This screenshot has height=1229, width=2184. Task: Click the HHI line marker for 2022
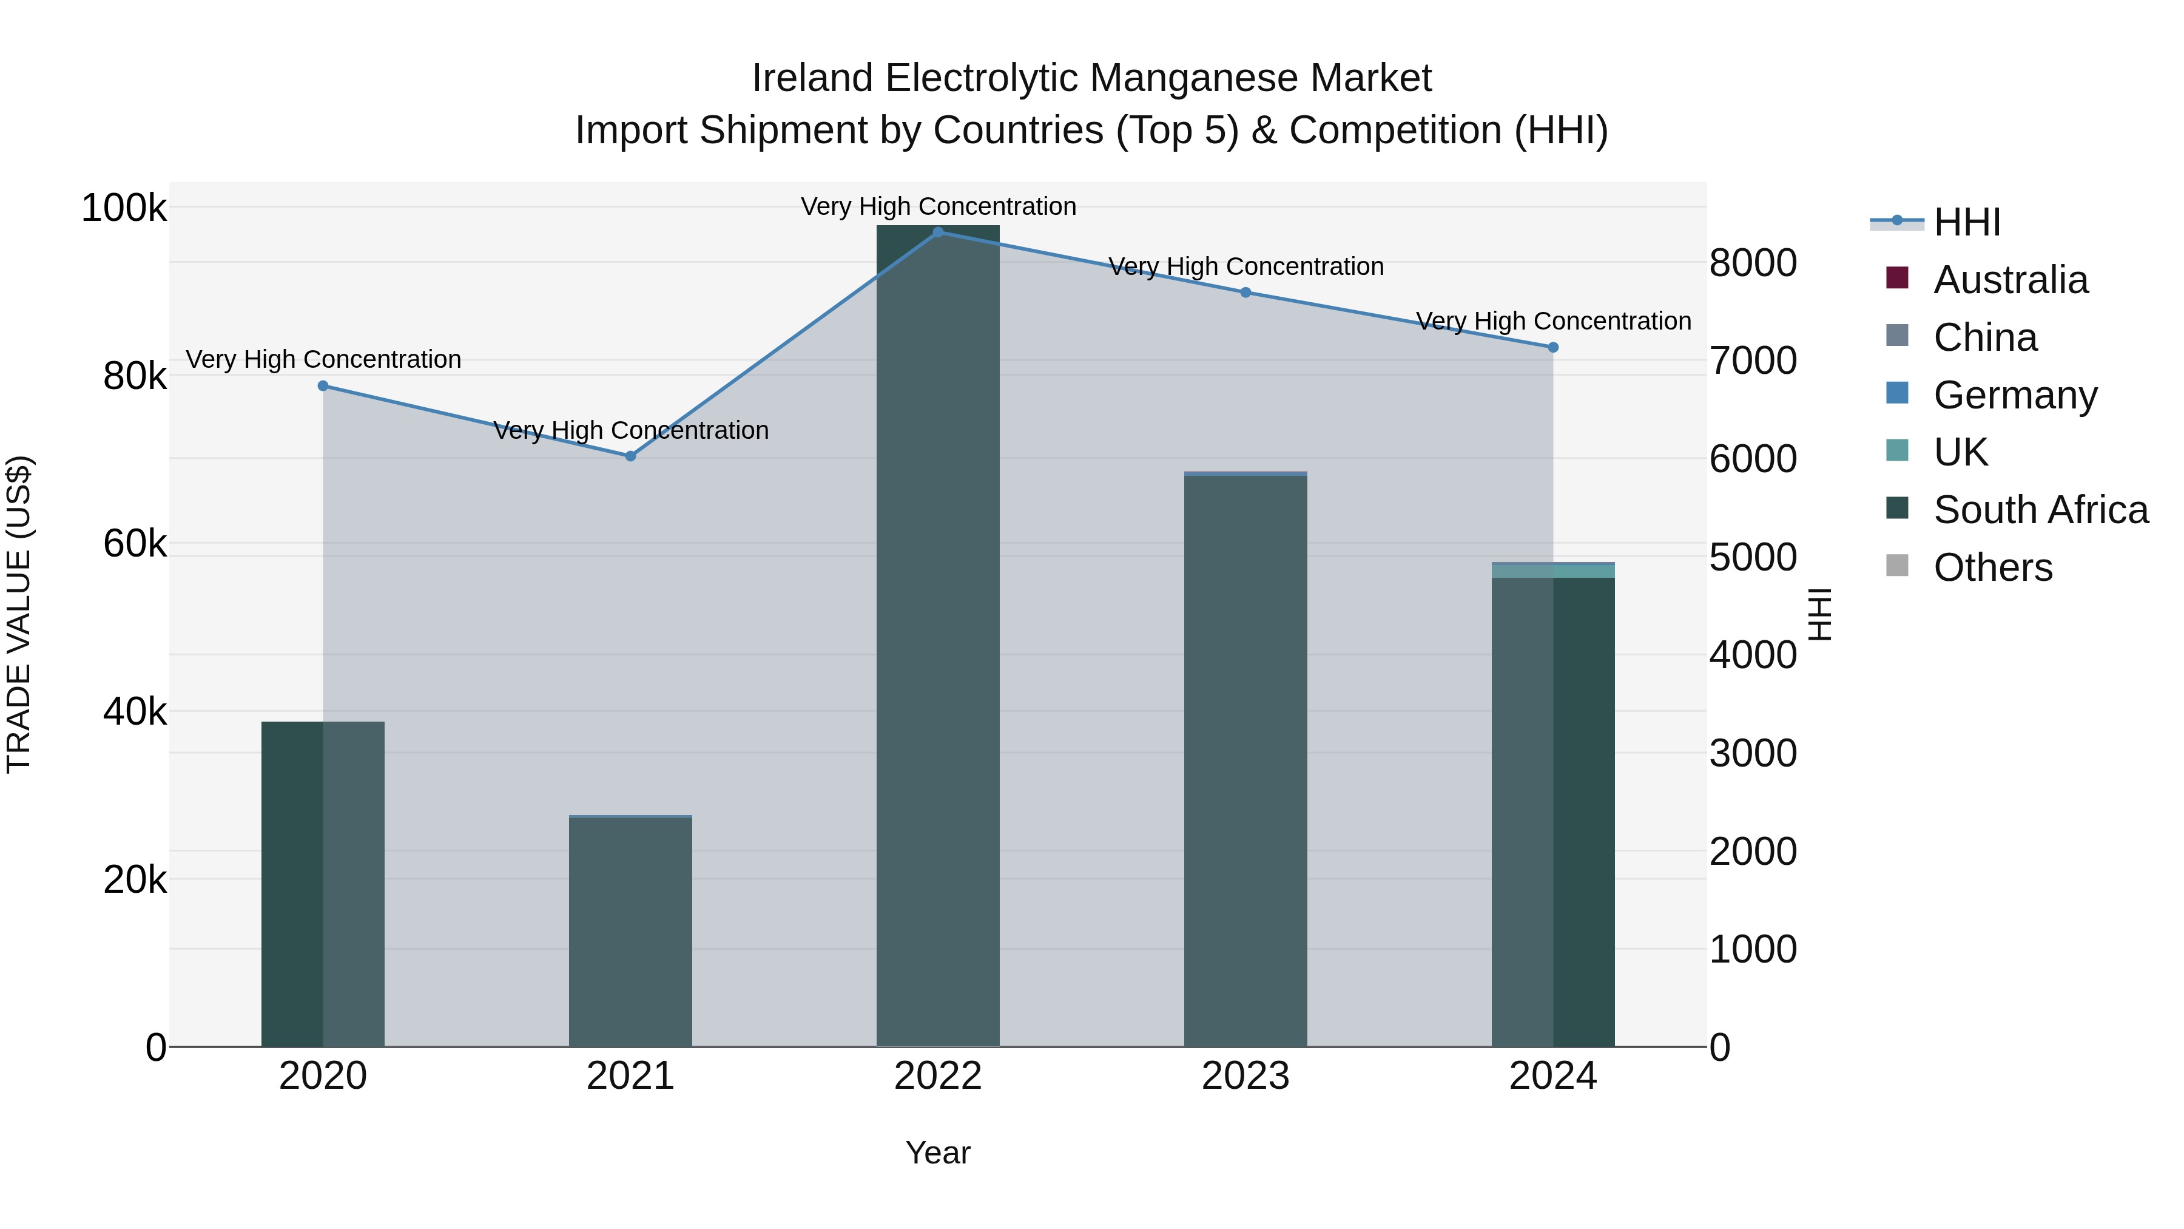938,232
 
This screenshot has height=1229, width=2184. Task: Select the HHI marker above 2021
630,456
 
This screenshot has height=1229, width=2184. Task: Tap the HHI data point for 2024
1553,347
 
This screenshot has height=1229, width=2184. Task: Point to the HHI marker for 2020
323,386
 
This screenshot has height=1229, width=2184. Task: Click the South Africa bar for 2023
1245,763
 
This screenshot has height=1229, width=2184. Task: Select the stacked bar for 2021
630,933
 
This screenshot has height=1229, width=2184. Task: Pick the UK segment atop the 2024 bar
1553,571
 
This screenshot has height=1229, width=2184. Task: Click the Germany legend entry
2014,395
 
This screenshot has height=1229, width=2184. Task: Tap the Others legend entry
1992,567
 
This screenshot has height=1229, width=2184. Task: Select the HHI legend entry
1967,222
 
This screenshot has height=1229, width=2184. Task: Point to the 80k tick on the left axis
135,376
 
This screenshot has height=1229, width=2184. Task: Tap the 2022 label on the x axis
938,1076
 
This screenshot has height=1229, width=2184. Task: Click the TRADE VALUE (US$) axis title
19,614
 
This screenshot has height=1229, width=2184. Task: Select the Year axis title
938,1153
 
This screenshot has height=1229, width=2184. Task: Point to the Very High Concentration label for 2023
1245,266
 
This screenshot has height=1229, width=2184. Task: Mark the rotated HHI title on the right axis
1820,614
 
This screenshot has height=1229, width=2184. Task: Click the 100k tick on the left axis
124,208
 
